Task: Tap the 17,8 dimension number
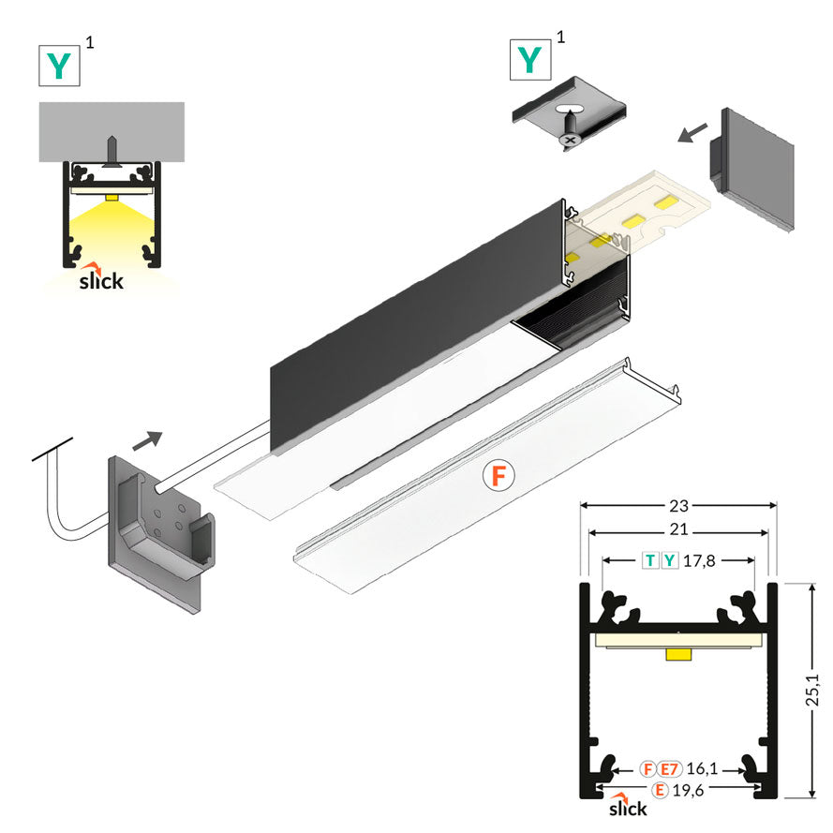tap(700, 561)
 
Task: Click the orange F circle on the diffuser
tap(498, 476)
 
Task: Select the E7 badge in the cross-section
tap(669, 769)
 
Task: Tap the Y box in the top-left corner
tap(60, 65)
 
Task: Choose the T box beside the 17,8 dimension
tap(649, 561)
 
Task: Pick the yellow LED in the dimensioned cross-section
tap(678, 653)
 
